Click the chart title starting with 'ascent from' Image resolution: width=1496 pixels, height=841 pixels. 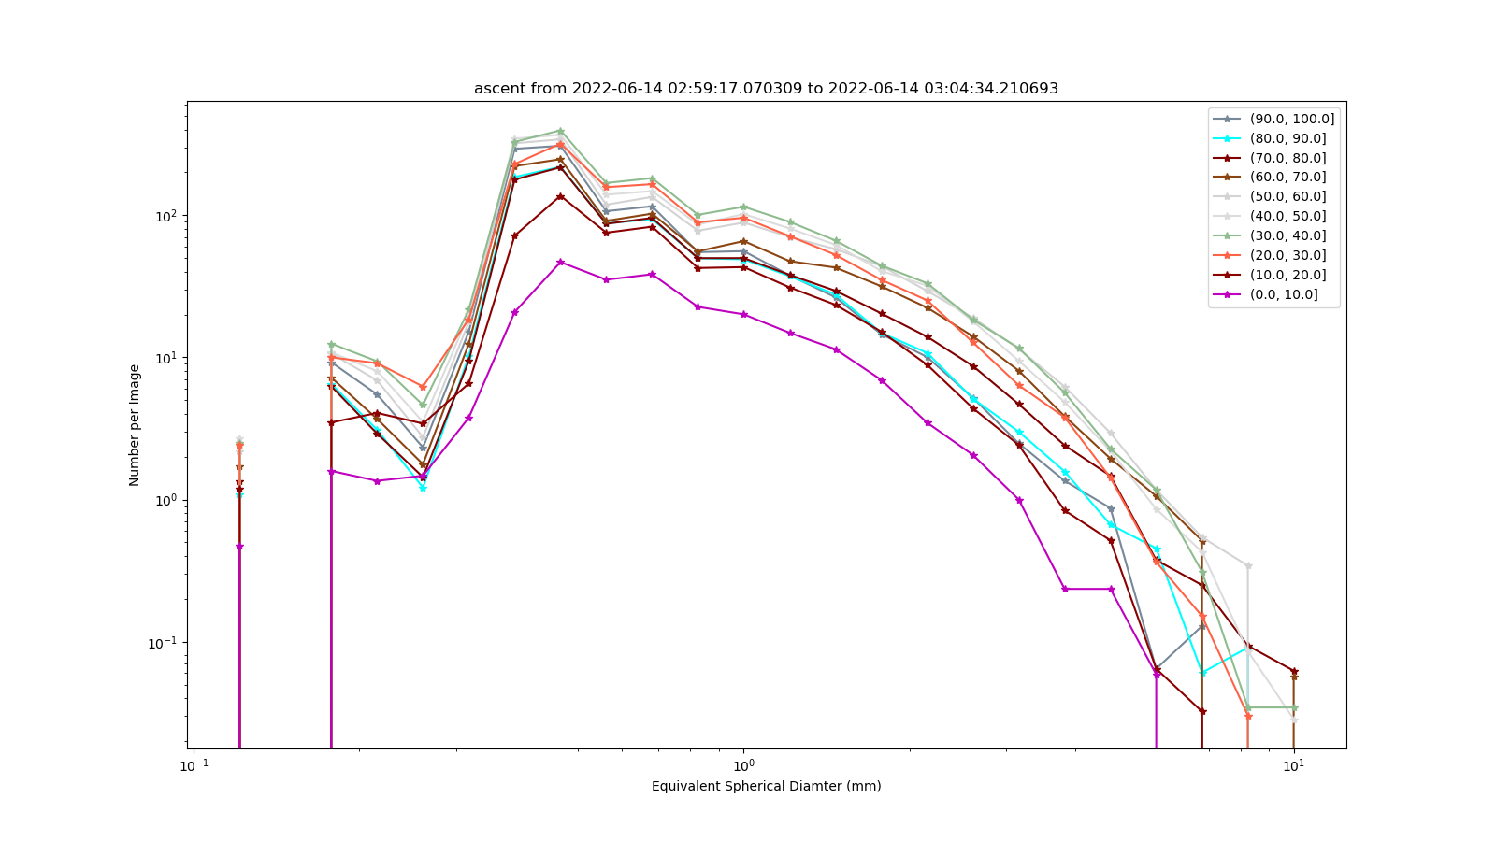pos(766,88)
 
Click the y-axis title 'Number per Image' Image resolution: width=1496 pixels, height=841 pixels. pos(135,425)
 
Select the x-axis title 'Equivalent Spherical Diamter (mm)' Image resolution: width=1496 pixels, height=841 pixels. pos(766,786)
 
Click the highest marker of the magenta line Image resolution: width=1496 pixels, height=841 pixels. pos(560,263)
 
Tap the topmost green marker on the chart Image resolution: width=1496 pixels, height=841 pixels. pos(560,132)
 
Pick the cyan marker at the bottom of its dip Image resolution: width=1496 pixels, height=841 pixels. pos(423,489)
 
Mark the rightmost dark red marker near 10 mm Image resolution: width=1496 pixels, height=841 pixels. pos(1294,672)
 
